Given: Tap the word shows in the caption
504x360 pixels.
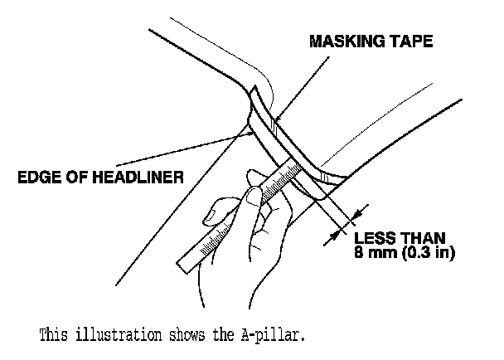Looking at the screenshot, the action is pos(191,336).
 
